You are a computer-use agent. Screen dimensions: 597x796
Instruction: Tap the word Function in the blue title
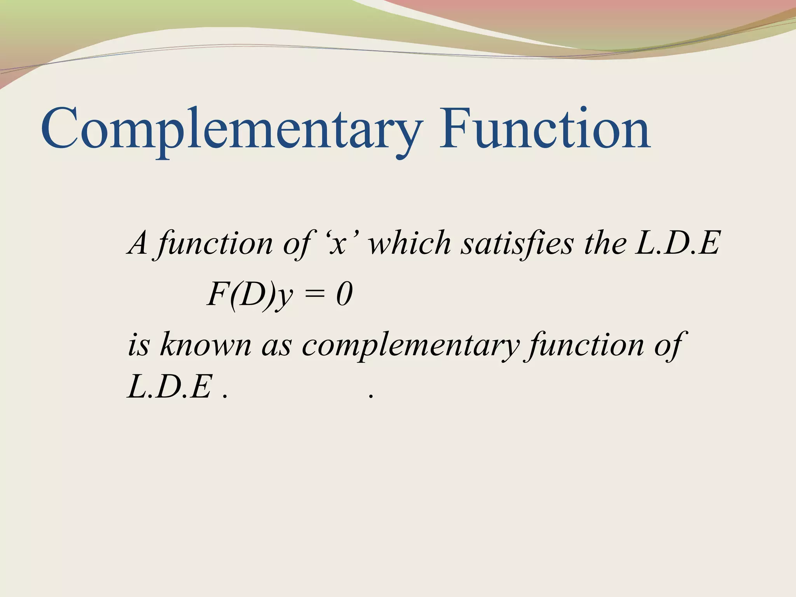pos(544,128)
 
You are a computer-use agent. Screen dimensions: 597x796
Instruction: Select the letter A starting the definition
pos(138,243)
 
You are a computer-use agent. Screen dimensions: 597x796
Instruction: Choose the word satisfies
pos(517,243)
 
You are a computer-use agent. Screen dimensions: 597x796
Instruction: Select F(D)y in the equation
pos(249,295)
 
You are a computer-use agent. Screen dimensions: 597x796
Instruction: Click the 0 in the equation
pos(344,295)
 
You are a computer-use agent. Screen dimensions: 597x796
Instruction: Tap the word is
pos(138,344)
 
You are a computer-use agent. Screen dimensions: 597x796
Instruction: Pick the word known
pos(206,344)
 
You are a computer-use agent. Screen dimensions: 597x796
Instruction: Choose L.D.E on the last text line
pos(170,386)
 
